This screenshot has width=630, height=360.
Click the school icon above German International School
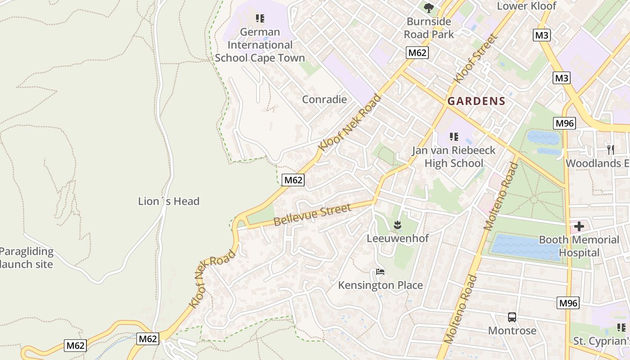point(260,18)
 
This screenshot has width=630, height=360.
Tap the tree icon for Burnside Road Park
point(429,8)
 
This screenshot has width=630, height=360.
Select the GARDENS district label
point(477,101)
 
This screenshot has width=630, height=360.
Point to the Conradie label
point(324,99)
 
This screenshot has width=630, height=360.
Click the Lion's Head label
point(169,201)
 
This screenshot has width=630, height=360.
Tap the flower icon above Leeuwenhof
point(397,225)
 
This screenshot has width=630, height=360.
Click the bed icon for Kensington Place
point(380,272)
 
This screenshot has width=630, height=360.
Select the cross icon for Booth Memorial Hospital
point(579,226)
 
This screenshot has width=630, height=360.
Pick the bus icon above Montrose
point(512,317)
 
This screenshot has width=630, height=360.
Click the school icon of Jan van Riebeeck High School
point(454,136)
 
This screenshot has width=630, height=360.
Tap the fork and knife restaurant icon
point(610,149)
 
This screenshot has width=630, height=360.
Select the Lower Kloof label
point(526,6)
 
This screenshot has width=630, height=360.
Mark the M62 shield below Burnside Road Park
point(417,53)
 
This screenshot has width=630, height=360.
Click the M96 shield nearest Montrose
point(568,303)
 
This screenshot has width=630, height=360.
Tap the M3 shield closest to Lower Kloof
point(542,35)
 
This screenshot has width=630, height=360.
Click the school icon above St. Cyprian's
point(621,328)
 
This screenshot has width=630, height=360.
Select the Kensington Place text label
point(380,285)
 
